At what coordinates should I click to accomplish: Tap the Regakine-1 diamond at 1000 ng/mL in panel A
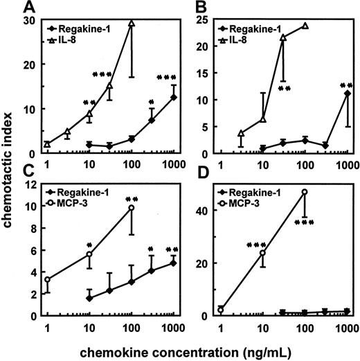pyautogui.click(x=173, y=97)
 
